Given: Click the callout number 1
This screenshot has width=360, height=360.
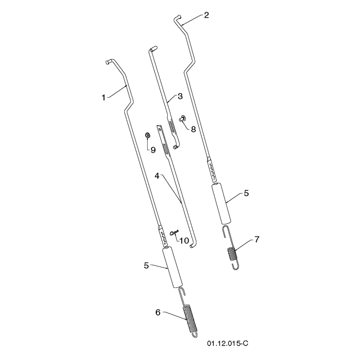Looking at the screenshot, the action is coord(103,98).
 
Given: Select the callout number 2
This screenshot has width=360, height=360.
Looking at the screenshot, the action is coord(207,15).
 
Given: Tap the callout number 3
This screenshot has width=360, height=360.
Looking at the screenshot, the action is coord(180,96).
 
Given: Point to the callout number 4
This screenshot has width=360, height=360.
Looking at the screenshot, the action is coord(157,176).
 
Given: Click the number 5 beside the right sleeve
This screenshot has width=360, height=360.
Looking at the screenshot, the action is coord(246,193).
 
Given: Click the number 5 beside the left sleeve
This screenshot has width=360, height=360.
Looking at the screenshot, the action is coord(146,265).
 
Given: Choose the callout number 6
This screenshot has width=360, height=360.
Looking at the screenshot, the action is coord(158,312).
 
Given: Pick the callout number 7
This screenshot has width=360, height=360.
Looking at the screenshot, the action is coord(257,239).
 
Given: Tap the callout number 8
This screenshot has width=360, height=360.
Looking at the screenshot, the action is coord(193,129).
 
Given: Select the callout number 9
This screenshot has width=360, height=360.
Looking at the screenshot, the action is coord(153,150).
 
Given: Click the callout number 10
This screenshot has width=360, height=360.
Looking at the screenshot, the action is coord(184,241).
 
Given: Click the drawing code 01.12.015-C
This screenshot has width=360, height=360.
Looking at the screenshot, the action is coord(228,343).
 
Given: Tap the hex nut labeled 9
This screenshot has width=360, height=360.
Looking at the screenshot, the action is coord(148,135).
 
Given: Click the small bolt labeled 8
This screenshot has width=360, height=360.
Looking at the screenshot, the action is coord(182,118).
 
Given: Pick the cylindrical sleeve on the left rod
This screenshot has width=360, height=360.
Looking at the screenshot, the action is coord(172,267).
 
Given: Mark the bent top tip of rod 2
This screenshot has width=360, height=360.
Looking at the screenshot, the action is coord(178,17).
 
